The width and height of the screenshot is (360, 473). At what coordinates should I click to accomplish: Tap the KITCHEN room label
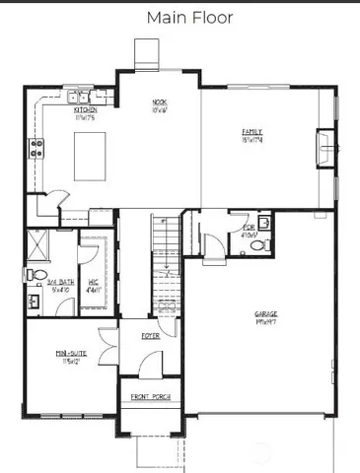pos(84,112)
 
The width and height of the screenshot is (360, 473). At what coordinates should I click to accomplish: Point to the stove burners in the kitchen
pos(38,149)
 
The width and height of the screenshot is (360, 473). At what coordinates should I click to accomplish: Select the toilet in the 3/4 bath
pos(35,273)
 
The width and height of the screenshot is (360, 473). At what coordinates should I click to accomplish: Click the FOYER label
pos(150,336)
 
